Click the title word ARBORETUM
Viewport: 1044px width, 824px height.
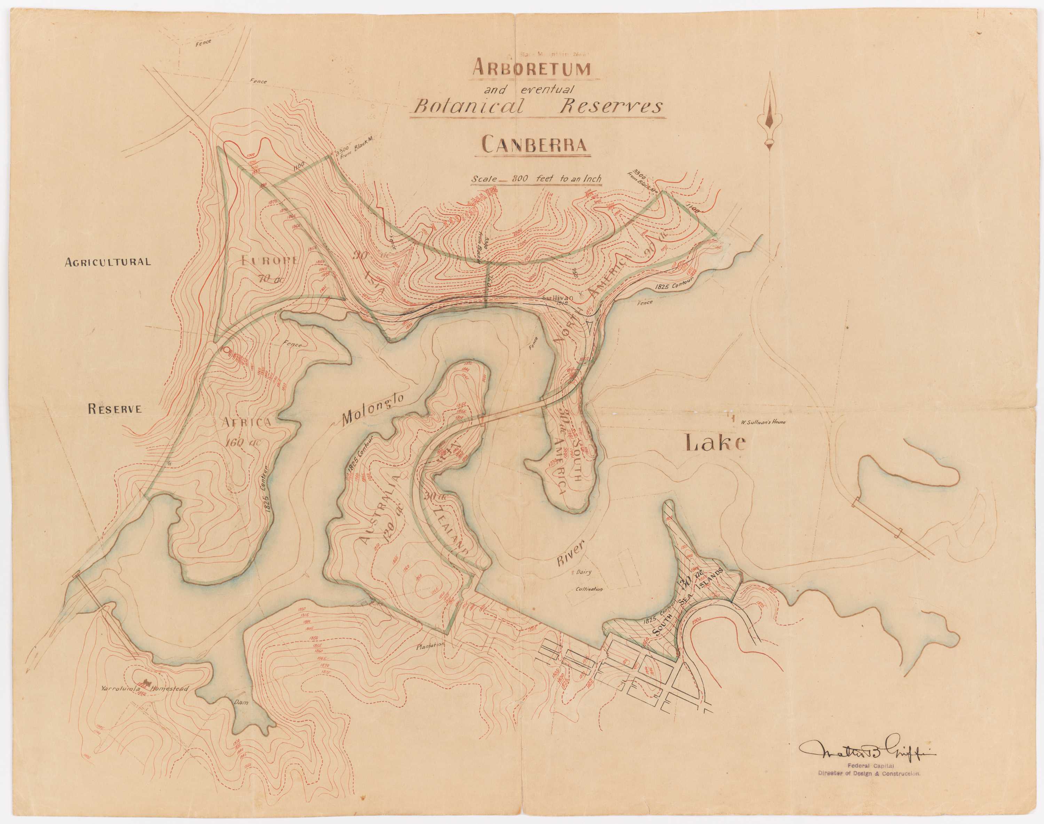531,69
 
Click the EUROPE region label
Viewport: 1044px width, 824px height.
269,259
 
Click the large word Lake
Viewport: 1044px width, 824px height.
715,442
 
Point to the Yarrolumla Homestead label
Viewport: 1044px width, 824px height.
144,688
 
